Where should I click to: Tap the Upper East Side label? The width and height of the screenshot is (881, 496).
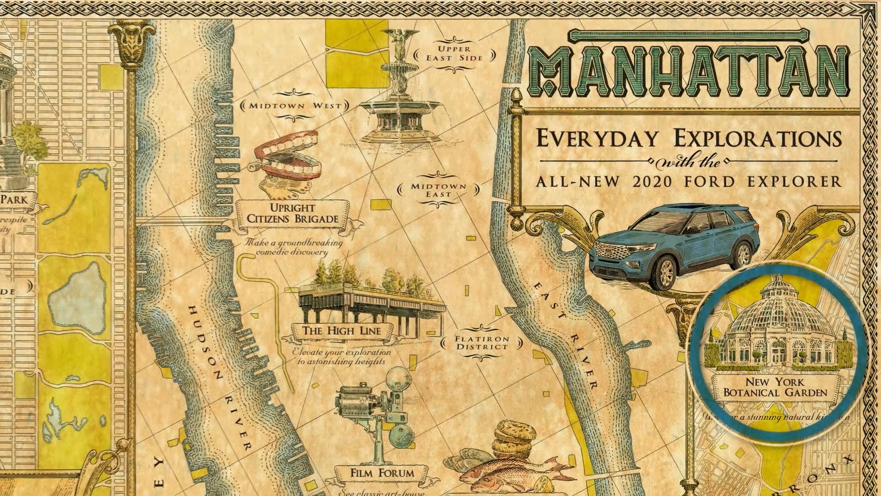454,53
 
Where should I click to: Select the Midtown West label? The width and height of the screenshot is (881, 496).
295,106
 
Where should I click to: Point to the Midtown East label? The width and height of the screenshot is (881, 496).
438,190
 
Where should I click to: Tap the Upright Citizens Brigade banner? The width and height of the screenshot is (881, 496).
292,214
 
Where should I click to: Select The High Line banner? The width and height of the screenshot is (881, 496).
341,331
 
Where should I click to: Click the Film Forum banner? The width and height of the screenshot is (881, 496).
382,473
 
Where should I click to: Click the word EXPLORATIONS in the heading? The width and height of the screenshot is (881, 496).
757,139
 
